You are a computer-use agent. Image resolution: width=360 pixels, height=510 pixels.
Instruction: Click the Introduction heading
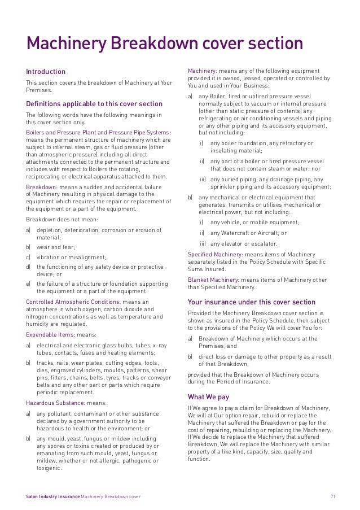tap(46, 72)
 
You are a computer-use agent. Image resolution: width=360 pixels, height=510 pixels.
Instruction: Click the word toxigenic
tap(49, 468)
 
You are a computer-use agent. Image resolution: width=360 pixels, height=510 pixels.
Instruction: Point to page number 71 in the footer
tap(333, 496)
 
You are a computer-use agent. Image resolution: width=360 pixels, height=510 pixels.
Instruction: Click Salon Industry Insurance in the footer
tap(53, 496)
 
